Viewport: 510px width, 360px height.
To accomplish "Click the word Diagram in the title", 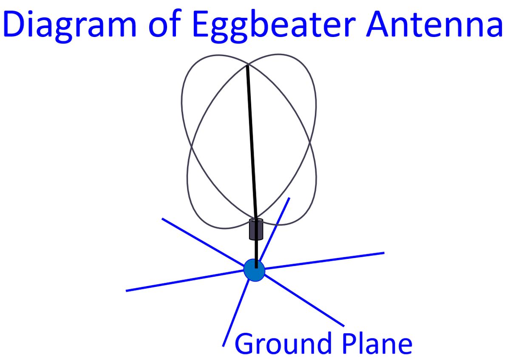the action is (x=70, y=26).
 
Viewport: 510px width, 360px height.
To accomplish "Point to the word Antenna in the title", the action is (x=434, y=24).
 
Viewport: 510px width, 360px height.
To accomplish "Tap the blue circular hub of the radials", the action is (x=254, y=270).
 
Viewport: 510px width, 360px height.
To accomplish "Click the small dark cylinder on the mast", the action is (x=256, y=229).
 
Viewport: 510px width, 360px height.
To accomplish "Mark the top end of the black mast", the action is (x=247, y=66).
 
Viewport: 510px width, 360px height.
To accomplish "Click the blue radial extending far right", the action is (x=325, y=261).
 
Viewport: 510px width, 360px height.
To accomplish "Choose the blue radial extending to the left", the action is (x=185, y=281).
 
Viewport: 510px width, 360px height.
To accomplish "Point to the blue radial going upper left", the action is (x=203, y=242).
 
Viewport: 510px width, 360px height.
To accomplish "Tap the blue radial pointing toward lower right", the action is (x=304, y=300).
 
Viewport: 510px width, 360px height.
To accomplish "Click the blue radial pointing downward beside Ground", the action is (x=236, y=314).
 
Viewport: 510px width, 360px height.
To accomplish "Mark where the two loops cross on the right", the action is (x=310, y=142).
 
